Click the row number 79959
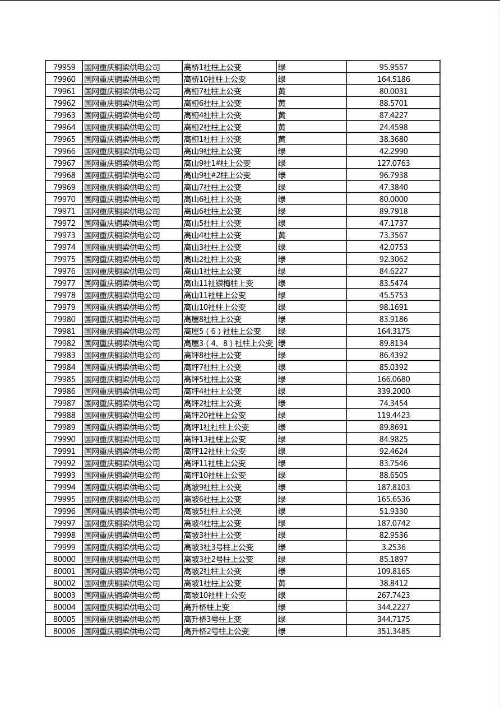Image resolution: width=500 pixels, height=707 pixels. [64, 67]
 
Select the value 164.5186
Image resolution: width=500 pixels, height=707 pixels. [393, 79]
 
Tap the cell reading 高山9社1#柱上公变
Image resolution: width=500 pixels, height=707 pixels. [217, 163]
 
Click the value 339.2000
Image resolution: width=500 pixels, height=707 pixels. [393, 391]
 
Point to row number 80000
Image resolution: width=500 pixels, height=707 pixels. [64, 559]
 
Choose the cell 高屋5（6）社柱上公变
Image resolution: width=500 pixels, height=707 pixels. [222, 331]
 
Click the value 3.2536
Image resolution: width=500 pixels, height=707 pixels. [393, 547]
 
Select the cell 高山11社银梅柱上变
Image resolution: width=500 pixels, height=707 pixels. [219, 283]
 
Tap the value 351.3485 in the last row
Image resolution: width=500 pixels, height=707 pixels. [393, 631]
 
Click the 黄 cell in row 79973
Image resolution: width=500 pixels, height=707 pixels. [282, 235]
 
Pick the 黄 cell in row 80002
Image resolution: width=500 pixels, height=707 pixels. [282, 583]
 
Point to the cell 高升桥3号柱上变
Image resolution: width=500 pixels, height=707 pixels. [212, 619]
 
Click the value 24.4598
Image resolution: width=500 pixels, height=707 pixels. [393, 127]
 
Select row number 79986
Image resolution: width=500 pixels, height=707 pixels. [64, 391]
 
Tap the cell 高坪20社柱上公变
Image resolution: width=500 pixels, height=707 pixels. [215, 415]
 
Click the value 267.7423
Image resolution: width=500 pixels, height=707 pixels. [393, 595]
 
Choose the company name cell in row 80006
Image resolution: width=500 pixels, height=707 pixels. [122, 631]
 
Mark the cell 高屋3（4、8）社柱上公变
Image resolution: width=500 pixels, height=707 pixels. [228, 343]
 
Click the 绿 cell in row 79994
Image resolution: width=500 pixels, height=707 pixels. [282, 487]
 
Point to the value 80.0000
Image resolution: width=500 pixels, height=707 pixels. [393, 199]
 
